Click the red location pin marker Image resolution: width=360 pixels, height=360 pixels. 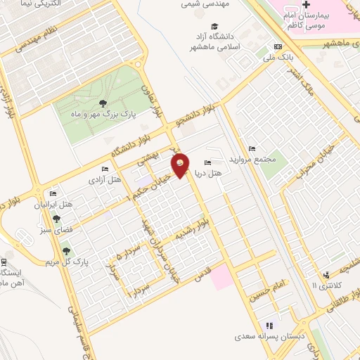click(x=181, y=165)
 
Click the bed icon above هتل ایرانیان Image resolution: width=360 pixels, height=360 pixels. click(x=53, y=194)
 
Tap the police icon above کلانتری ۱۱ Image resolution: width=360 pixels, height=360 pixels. click(x=326, y=275)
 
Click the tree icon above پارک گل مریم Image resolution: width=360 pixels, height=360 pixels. click(x=66, y=250)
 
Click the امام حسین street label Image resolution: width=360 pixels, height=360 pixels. click(x=269, y=285)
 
